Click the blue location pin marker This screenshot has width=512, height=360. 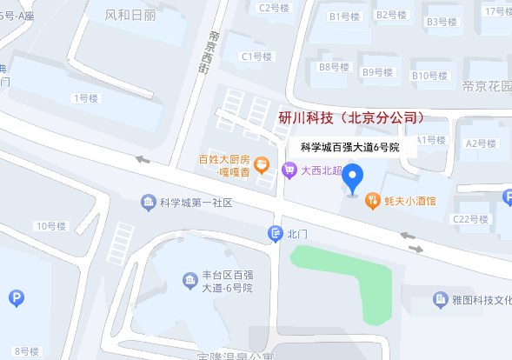[352, 179]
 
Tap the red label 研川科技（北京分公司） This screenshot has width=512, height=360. [351, 117]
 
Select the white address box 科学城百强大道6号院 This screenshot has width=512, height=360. [349, 147]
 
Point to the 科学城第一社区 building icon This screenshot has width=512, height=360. [148, 203]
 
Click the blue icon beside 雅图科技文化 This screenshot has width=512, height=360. [442, 300]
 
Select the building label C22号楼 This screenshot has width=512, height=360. [473, 219]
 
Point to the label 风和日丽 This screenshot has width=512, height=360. [130, 15]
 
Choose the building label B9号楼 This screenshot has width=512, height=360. [379, 72]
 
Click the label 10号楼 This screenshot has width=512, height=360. [50, 227]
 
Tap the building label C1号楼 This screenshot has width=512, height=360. [257, 57]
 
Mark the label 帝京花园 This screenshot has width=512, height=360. [486, 86]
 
